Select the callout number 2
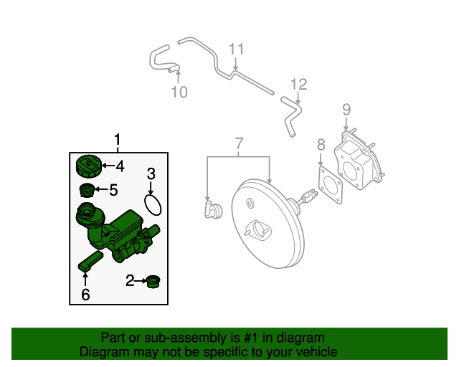130,281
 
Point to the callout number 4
120,166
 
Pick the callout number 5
113,190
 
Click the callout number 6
85,294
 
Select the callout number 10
179,92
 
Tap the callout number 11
237,49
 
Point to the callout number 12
298,85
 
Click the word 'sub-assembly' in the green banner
169,338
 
